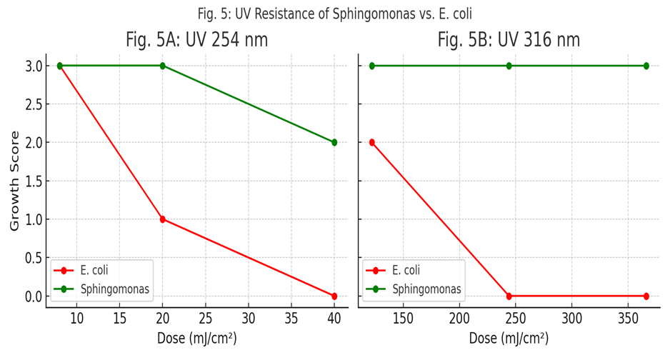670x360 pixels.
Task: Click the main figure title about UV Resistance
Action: pyautogui.click(x=335, y=14)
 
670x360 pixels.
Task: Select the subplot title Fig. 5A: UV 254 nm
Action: pyautogui.click(x=196, y=40)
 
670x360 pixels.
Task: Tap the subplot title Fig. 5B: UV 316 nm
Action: pyautogui.click(x=509, y=40)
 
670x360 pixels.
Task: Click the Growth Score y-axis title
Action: pyautogui.click(x=14, y=180)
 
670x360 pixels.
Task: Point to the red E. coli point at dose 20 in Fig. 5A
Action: pyautogui.click(x=163, y=219)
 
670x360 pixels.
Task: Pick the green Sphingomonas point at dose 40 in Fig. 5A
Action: pyautogui.click(x=334, y=143)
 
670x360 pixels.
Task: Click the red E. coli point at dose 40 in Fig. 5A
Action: pyautogui.click(x=334, y=296)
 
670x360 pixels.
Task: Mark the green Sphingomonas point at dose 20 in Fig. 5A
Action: pyautogui.click(x=163, y=66)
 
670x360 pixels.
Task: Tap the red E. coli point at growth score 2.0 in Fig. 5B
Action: pyautogui.click(x=372, y=143)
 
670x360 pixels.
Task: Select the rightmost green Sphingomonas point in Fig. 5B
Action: pyautogui.click(x=646, y=66)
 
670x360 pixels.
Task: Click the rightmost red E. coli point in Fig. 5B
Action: pyautogui.click(x=646, y=296)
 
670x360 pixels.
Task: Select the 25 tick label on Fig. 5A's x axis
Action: pyautogui.click(x=206, y=317)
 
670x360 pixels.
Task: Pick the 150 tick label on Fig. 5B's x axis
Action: pyautogui.click(x=404, y=317)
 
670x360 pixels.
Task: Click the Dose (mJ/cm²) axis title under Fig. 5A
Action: pyautogui.click(x=196, y=339)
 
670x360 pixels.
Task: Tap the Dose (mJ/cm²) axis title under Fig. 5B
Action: pyautogui.click(x=509, y=339)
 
